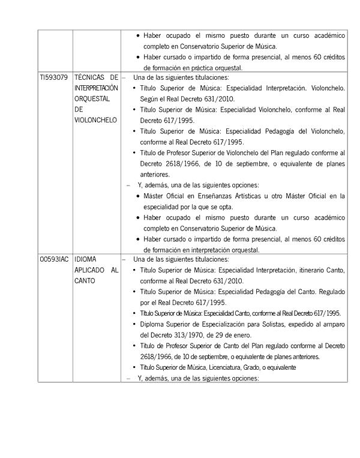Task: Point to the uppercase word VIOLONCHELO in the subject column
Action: [x=95, y=119]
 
